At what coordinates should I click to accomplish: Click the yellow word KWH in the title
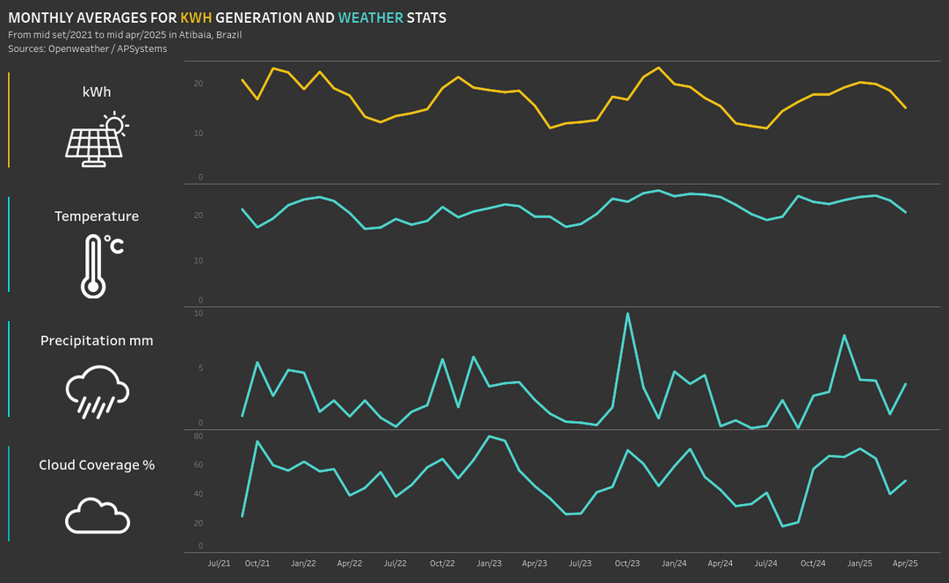pos(196,18)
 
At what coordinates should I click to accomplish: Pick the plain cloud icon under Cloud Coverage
pos(97,515)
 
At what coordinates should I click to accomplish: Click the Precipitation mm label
pos(97,340)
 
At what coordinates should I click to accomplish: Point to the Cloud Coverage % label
pos(97,464)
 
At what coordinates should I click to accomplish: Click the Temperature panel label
pos(97,216)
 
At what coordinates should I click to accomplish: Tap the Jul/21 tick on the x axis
pos(220,563)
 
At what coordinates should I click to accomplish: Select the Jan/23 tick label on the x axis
pos(489,563)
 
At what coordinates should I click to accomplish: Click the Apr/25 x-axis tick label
pos(905,563)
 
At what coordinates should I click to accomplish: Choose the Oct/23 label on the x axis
pos(627,563)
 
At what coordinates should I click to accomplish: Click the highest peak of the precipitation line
pos(627,313)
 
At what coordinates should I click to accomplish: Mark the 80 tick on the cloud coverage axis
pos(198,436)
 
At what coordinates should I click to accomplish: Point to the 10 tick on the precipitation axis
pos(198,313)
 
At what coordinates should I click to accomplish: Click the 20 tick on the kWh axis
pos(198,84)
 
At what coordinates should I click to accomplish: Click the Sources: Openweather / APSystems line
pos(87,48)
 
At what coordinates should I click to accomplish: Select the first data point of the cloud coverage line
pos(243,515)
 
